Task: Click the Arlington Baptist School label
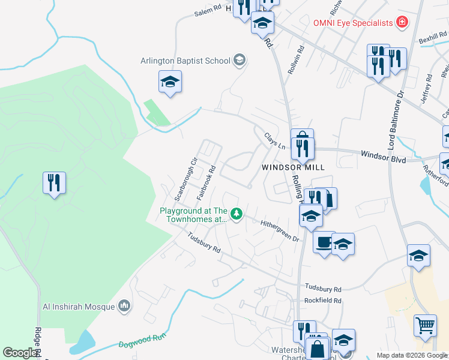[185, 60]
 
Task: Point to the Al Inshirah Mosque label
[79, 307]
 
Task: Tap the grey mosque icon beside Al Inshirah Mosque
[124, 307]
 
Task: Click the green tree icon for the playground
[237, 214]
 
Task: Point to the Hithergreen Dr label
[280, 230]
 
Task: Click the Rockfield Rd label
[322, 301]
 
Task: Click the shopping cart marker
[425, 326]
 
